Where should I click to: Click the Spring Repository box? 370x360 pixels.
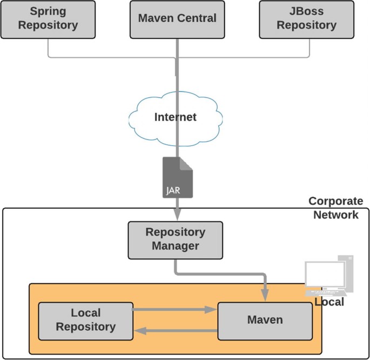pyautogui.click(x=48, y=19)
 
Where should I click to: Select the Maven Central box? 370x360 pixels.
pyautogui.click(x=177, y=19)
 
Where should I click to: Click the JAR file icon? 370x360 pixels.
pyautogui.click(x=178, y=177)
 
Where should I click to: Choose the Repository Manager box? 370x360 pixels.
pyautogui.click(x=175, y=239)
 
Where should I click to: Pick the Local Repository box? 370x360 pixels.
pyautogui.click(x=86, y=321)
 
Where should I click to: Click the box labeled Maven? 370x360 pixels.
pyautogui.click(x=265, y=321)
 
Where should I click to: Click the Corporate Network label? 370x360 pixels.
pyautogui.click(x=335, y=208)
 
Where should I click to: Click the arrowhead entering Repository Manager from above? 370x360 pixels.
pyautogui.click(x=177, y=216)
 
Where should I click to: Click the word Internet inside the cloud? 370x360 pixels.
pyautogui.click(x=176, y=117)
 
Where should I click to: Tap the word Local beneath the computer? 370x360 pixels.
pyautogui.click(x=329, y=302)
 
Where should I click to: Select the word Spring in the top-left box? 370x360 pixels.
pyautogui.click(x=48, y=11)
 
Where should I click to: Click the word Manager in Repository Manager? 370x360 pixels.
pyautogui.click(x=176, y=246)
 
